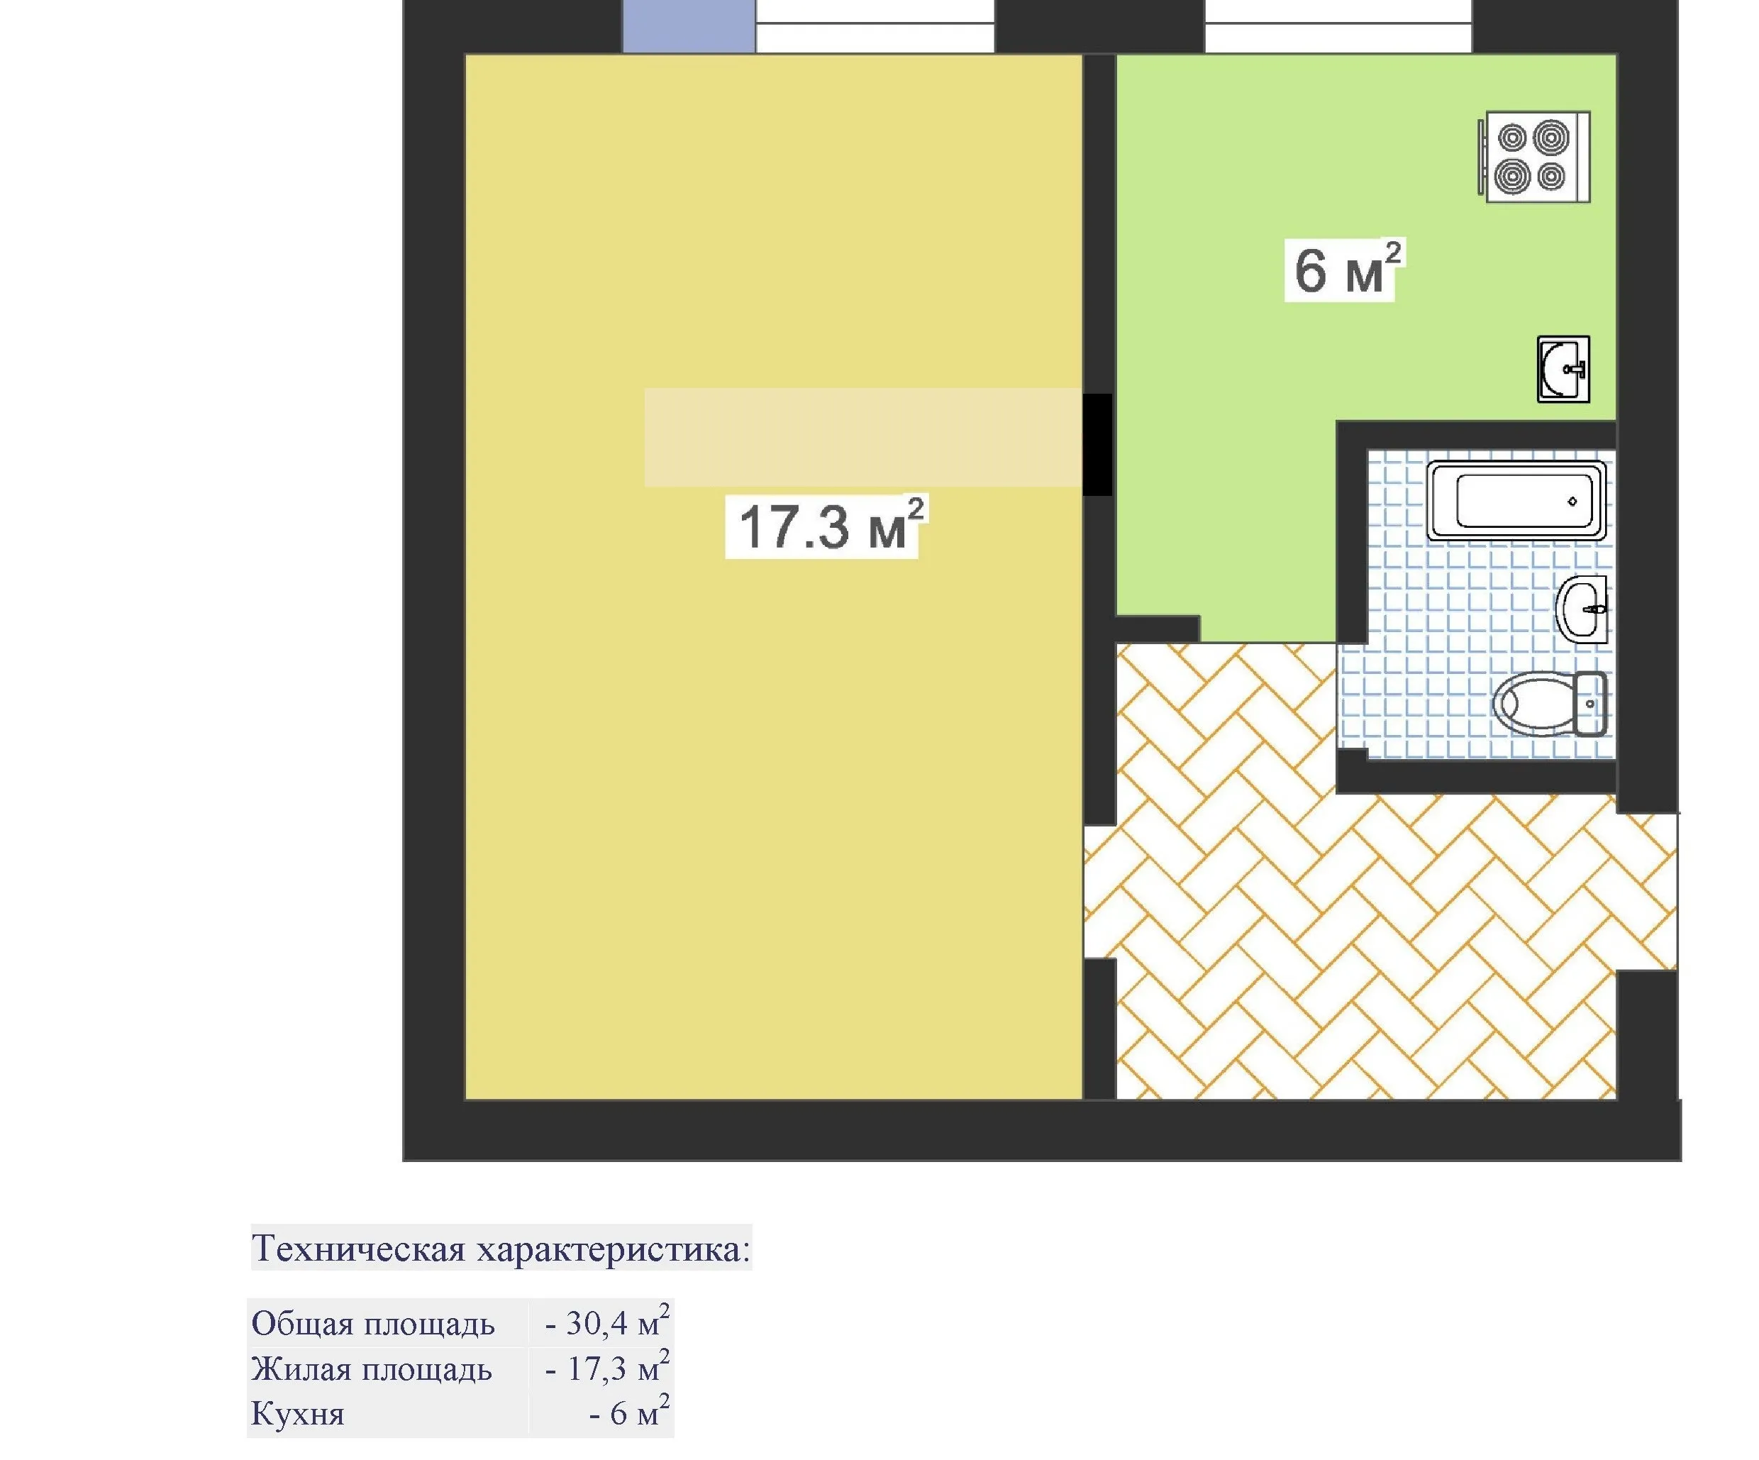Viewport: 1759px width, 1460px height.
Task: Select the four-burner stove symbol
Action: [1533, 157]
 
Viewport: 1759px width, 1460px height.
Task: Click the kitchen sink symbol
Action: [1563, 369]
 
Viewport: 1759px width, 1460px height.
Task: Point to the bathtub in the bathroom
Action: [1516, 501]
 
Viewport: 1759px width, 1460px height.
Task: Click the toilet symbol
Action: [1550, 703]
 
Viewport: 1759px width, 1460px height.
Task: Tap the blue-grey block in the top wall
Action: [689, 26]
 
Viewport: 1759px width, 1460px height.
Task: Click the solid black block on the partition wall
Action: [1097, 444]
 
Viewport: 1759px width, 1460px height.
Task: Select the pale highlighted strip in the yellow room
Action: [862, 436]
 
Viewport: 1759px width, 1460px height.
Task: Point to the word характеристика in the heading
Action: [613, 1249]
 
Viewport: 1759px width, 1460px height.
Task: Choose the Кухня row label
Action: [298, 1414]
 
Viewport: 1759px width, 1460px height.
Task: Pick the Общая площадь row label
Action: [373, 1324]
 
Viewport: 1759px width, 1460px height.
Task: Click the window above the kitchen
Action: [1338, 26]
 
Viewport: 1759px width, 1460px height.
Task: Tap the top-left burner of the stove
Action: [1513, 138]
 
